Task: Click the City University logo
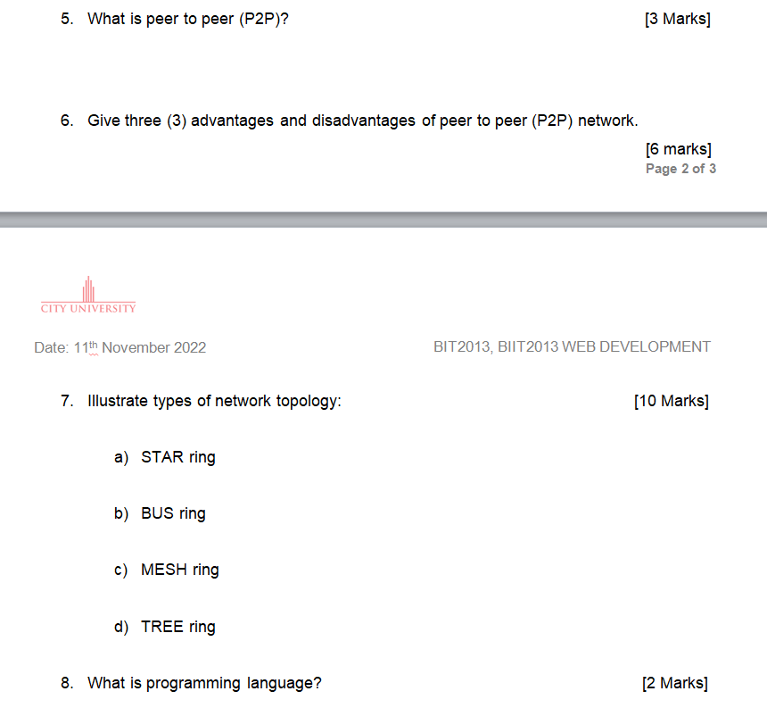[x=88, y=296]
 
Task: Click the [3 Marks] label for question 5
[x=677, y=19]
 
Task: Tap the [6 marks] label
[x=678, y=149]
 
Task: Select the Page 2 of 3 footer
[x=680, y=169]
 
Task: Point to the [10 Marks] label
[x=672, y=401]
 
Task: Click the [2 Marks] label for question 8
[x=675, y=683]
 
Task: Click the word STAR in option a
[x=162, y=457]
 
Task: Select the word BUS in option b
[x=157, y=513]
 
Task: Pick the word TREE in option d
[x=162, y=627]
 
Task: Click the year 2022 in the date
[x=190, y=347]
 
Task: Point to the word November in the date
[x=136, y=347]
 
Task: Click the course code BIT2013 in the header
[x=461, y=346]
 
